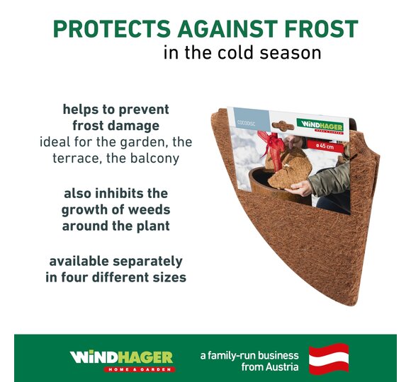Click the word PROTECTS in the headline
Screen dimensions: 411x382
point(112,28)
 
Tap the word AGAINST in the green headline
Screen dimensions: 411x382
point(227,28)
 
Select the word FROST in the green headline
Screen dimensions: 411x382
point(322,28)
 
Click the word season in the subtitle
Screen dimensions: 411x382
point(290,53)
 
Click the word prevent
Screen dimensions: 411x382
point(144,110)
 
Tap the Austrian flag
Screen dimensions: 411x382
point(329,359)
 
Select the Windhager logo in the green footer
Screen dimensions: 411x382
point(122,361)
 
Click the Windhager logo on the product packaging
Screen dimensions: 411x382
point(320,127)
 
